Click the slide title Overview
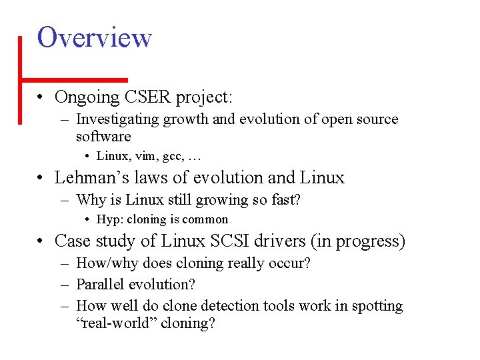95,37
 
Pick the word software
103,137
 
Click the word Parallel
101,285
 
